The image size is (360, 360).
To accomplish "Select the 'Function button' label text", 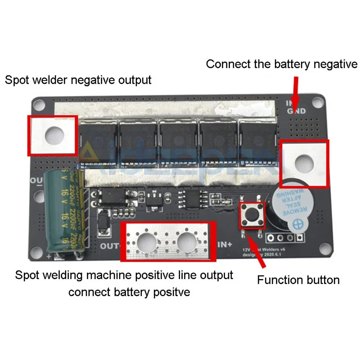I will coord(298,280).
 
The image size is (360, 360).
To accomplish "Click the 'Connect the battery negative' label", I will coord(281,64).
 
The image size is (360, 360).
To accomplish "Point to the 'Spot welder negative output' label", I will coord(78,80).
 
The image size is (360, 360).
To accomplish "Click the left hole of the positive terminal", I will coord(147,243).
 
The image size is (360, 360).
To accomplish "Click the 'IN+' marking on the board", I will coord(225,245).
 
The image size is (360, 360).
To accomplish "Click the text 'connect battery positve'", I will coord(129,292).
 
